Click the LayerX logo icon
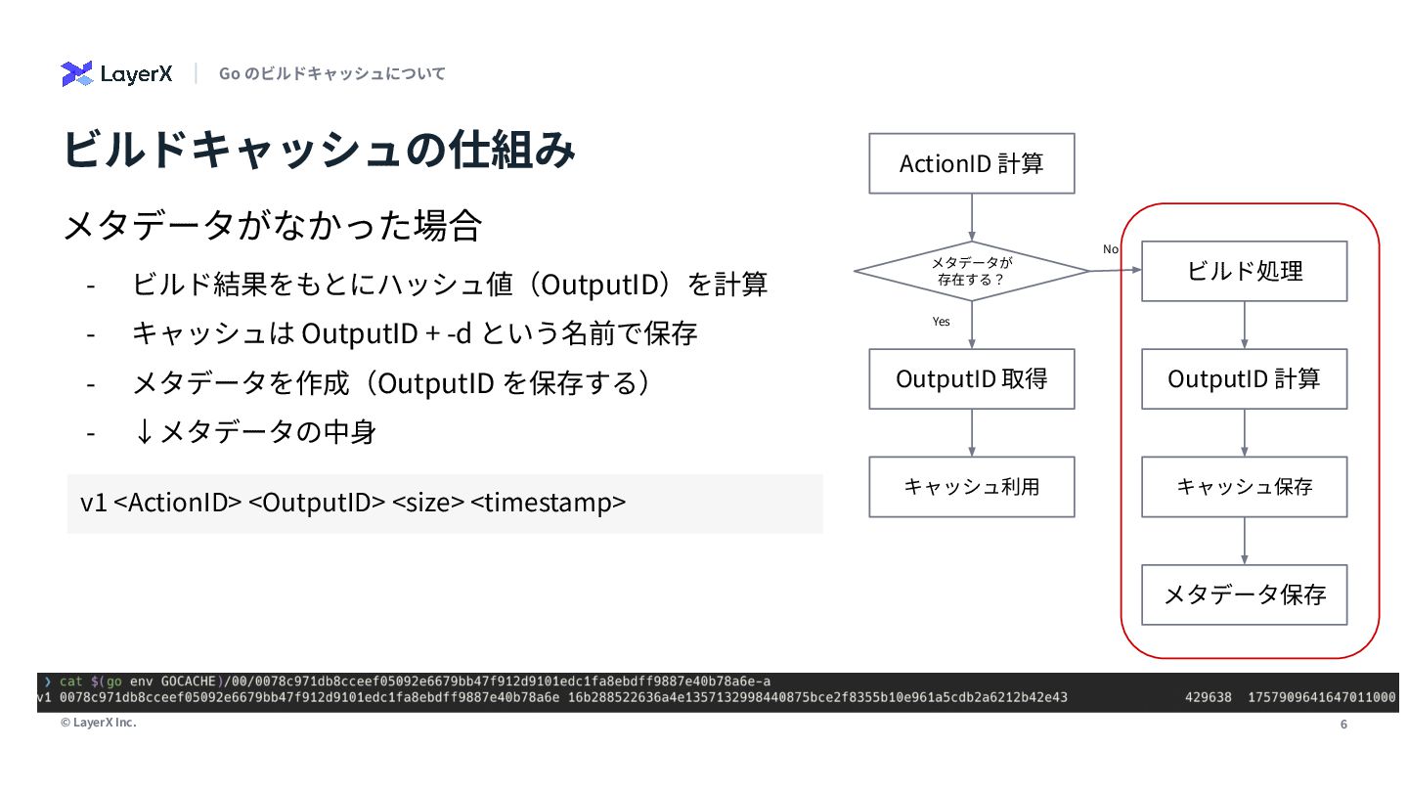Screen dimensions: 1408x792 (76, 73)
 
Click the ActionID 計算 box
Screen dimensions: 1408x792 (971, 163)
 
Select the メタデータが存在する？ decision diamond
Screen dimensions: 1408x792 (971, 271)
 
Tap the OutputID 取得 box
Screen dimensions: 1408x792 (971, 378)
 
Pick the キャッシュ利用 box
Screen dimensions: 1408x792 (971, 486)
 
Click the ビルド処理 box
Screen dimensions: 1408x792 (1244, 271)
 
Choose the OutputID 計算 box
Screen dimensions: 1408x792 (1244, 378)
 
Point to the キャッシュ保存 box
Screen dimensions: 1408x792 (1244, 486)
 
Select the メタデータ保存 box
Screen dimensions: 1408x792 (1244, 594)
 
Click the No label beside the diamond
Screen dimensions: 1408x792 (1111, 249)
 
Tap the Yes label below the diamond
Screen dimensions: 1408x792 (941, 321)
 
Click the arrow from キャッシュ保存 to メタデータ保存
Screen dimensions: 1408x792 (1244, 541)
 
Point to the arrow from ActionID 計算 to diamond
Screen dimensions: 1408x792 (971, 216)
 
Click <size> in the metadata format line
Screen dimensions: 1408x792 (427, 503)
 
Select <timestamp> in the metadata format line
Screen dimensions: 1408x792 (548, 503)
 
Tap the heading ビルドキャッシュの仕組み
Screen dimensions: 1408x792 (319, 151)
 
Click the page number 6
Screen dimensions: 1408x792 (1343, 725)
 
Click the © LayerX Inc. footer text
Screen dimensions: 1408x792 (98, 723)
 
